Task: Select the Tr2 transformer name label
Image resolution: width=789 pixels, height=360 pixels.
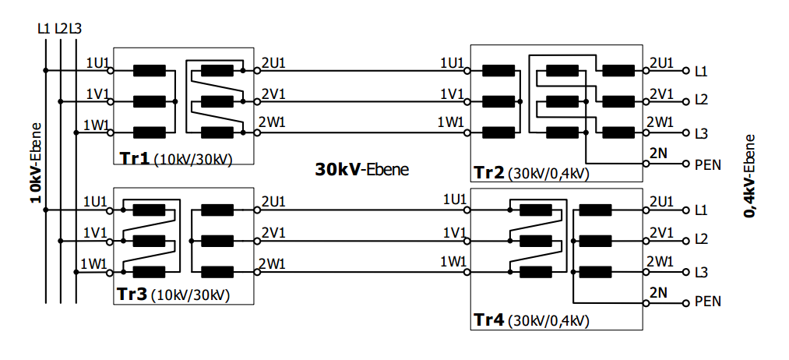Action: (x=488, y=173)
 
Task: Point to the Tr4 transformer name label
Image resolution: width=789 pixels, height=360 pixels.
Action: (x=488, y=319)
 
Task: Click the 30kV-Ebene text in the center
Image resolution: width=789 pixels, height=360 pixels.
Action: (x=361, y=169)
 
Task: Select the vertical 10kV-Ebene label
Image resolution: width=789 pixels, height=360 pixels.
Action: (x=35, y=162)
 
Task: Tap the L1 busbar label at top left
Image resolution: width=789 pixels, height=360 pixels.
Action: (x=44, y=29)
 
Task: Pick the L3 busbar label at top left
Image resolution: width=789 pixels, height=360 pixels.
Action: (x=76, y=29)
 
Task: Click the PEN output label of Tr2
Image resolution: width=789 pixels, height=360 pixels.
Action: (x=706, y=164)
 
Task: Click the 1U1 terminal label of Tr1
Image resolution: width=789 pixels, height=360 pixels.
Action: (x=98, y=62)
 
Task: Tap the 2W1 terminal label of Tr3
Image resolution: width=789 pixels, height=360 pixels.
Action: (x=273, y=263)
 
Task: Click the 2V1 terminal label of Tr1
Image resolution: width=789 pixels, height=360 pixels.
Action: (x=273, y=94)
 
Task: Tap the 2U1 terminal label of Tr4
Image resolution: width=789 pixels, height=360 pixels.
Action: (x=660, y=202)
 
